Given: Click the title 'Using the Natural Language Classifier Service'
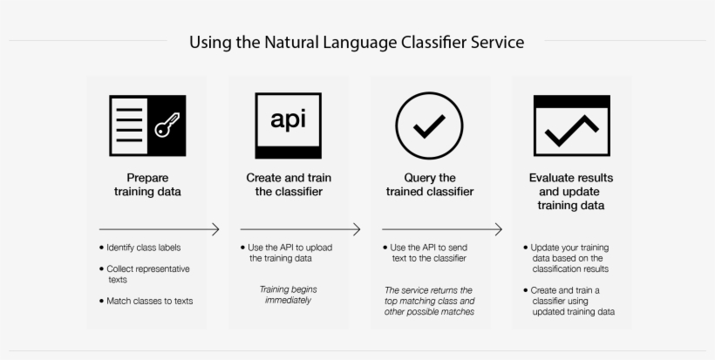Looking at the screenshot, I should [x=357, y=42].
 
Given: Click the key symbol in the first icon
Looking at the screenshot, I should [x=166, y=126].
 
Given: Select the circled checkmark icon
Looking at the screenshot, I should [x=429, y=126].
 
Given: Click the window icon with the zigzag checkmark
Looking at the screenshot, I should [x=571, y=126].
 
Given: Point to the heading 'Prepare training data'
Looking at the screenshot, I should [x=146, y=185].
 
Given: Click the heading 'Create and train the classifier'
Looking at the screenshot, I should [x=289, y=185].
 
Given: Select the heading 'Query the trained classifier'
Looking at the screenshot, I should [x=430, y=185].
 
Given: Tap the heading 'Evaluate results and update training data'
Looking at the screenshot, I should [x=571, y=192].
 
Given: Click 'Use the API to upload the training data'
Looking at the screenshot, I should [x=290, y=253].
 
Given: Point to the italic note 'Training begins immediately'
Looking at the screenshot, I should [x=288, y=295].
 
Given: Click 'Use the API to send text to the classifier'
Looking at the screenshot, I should [x=432, y=253].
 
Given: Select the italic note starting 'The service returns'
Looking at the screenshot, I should [x=430, y=301].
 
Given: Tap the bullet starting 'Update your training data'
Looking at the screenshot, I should [x=573, y=258].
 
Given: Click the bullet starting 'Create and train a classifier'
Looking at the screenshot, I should [x=573, y=301].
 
